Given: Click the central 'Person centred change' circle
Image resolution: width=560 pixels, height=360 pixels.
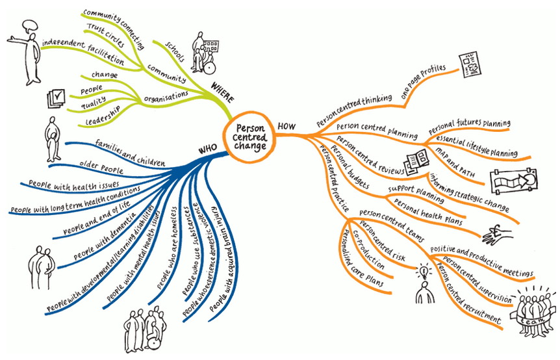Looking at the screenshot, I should coord(251,137).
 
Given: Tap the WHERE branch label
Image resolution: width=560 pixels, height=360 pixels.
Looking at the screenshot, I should coord(222,90).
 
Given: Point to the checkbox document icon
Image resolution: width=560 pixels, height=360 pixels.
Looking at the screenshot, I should coord(57,99).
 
